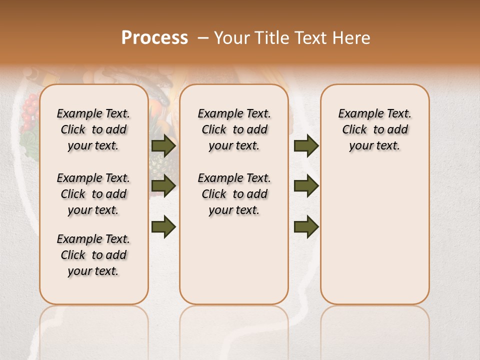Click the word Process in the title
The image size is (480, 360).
154,38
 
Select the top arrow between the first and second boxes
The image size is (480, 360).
163,145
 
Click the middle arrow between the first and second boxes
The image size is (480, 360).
163,186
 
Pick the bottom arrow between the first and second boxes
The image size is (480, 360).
163,226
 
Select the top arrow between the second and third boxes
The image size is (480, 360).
306,145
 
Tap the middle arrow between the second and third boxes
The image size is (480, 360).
306,186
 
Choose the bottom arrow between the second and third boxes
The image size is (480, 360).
306,226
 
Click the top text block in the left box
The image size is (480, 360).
93,129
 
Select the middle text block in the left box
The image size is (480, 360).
93,194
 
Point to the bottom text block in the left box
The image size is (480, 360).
93,255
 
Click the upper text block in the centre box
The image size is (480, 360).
234,129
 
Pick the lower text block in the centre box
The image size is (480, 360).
234,194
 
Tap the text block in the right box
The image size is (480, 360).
374,129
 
